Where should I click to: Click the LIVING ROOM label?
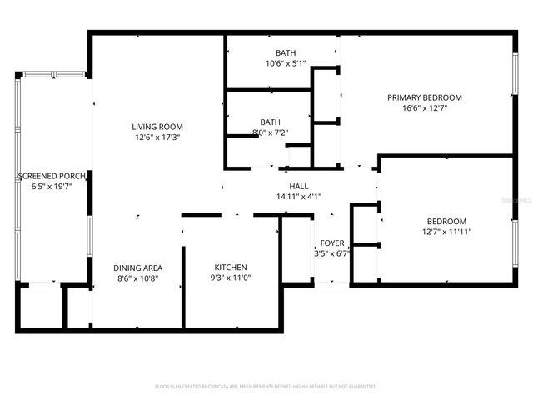tap(157, 127)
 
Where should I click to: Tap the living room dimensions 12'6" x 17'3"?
tap(157, 137)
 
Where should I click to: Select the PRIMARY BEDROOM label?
tap(424, 97)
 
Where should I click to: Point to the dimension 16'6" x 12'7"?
tap(424, 107)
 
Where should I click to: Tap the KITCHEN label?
tap(230, 267)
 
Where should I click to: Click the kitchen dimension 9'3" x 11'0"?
tap(230, 277)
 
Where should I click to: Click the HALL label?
tap(299, 187)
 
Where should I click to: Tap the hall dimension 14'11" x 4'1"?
tap(299, 197)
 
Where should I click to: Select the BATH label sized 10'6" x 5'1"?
tap(286, 53)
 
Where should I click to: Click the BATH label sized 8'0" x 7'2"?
tap(270, 122)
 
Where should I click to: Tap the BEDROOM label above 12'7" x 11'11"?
tap(448, 221)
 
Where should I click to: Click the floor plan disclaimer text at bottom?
tap(266, 387)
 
